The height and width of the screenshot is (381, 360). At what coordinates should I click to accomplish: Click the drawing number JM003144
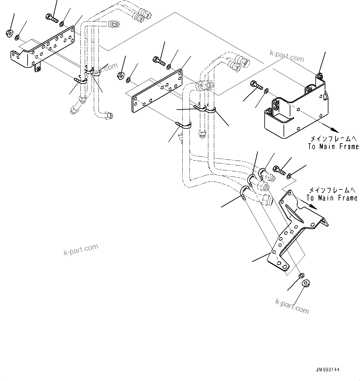click(x=328, y=370)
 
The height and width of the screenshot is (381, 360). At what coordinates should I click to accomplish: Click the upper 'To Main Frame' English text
click(x=333, y=147)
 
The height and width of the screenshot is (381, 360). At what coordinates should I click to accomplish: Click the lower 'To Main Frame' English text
click(x=332, y=198)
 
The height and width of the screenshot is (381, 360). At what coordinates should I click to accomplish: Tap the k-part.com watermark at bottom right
click(x=292, y=306)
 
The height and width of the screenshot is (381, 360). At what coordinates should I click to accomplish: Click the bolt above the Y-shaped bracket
click(x=279, y=170)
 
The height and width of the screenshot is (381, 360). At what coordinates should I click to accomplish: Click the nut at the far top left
click(x=9, y=32)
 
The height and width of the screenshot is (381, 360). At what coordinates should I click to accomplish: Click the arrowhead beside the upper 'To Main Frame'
click(x=332, y=130)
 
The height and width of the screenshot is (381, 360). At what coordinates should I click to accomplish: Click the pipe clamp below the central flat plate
click(x=183, y=125)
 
